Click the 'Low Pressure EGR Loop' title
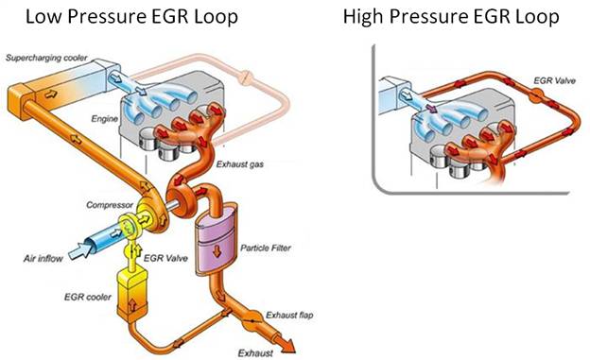pyautogui.click(x=131, y=17)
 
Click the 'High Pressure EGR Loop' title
pyautogui.click(x=451, y=17)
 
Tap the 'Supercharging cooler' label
pyautogui.click(x=46, y=58)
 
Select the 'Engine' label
pyautogui.click(x=105, y=119)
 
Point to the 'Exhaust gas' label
pyautogui.click(x=240, y=164)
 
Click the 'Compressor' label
pyautogui.click(x=110, y=205)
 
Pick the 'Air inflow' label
pyautogui.click(x=43, y=259)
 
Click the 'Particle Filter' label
pyautogui.click(x=266, y=248)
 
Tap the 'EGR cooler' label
pyautogui.click(x=88, y=298)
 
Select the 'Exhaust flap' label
pyautogui.click(x=289, y=316)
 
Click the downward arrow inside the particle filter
pyautogui.click(x=217, y=251)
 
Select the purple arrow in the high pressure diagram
pyautogui.click(x=431, y=109)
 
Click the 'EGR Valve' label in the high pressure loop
pyautogui.click(x=555, y=80)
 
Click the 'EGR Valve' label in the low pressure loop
pyautogui.click(x=165, y=259)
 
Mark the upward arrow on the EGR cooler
pyautogui.click(x=132, y=305)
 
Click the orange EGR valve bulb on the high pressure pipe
pyautogui.click(x=535, y=94)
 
